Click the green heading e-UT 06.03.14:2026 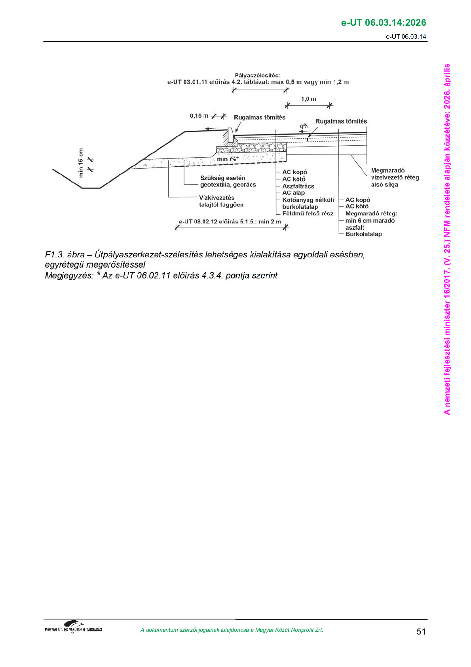pos(384,23)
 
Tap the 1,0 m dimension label pos(309,99)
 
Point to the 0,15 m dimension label pos(199,116)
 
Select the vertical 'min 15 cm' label pos(81,162)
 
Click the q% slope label pos(304,126)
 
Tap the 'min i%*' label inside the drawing pos(228,159)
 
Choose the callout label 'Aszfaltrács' pos(298,186)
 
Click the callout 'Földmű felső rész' pos(308,213)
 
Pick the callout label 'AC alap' pos(293,192)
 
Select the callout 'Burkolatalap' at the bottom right pos(363,234)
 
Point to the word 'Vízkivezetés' pos(217,198)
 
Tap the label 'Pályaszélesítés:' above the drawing pos(257,75)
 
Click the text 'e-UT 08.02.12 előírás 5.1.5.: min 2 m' pos(230,221)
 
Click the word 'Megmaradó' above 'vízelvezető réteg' pos(388,171)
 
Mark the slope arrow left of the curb pos(211,129)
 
